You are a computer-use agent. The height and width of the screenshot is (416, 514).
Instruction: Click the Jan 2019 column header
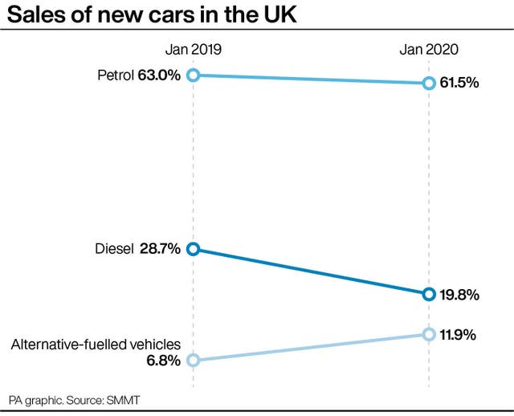pyautogui.click(x=193, y=50)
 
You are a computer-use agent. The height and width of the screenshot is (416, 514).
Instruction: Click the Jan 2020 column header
pyautogui.click(x=429, y=50)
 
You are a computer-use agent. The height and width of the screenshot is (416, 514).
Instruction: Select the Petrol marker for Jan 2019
pyautogui.click(x=193, y=75)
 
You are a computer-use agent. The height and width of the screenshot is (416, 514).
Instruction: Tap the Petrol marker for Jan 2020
pyautogui.click(x=429, y=83)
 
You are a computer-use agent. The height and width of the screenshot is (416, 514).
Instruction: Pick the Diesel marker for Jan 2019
pyautogui.click(x=193, y=249)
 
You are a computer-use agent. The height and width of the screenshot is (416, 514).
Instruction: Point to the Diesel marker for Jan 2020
pyautogui.click(x=429, y=294)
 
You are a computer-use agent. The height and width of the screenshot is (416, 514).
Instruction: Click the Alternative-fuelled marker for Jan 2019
pyautogui.click(x=193, y=360)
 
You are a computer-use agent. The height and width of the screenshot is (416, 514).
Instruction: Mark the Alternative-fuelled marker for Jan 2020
pyautogui.click(x=429, y=334)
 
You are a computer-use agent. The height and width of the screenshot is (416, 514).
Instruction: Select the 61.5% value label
pyautogui.click(x=460, y=83)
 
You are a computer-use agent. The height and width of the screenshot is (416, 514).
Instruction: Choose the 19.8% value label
pyautogui.click(x=460, y=295)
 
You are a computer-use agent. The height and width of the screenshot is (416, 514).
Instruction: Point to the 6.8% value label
pyautogui.click(x=164, y=361)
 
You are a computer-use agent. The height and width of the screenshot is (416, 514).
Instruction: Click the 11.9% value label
pyautogui.click(x=460, y=334)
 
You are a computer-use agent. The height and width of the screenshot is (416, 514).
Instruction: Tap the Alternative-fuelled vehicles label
pyautogui.click(x=96, y=345)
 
